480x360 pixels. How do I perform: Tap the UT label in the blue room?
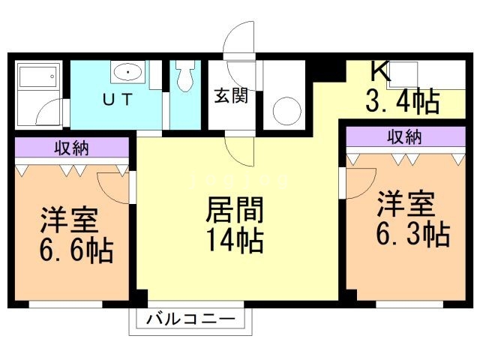pos(118,99)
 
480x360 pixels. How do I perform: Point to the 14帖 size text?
pos(233,240)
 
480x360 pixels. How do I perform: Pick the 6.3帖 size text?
pos(412,234)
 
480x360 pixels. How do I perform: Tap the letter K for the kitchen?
pos(380,71)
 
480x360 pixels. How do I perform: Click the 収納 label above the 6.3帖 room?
pos(404,137)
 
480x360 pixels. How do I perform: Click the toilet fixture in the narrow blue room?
pos(184,76)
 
